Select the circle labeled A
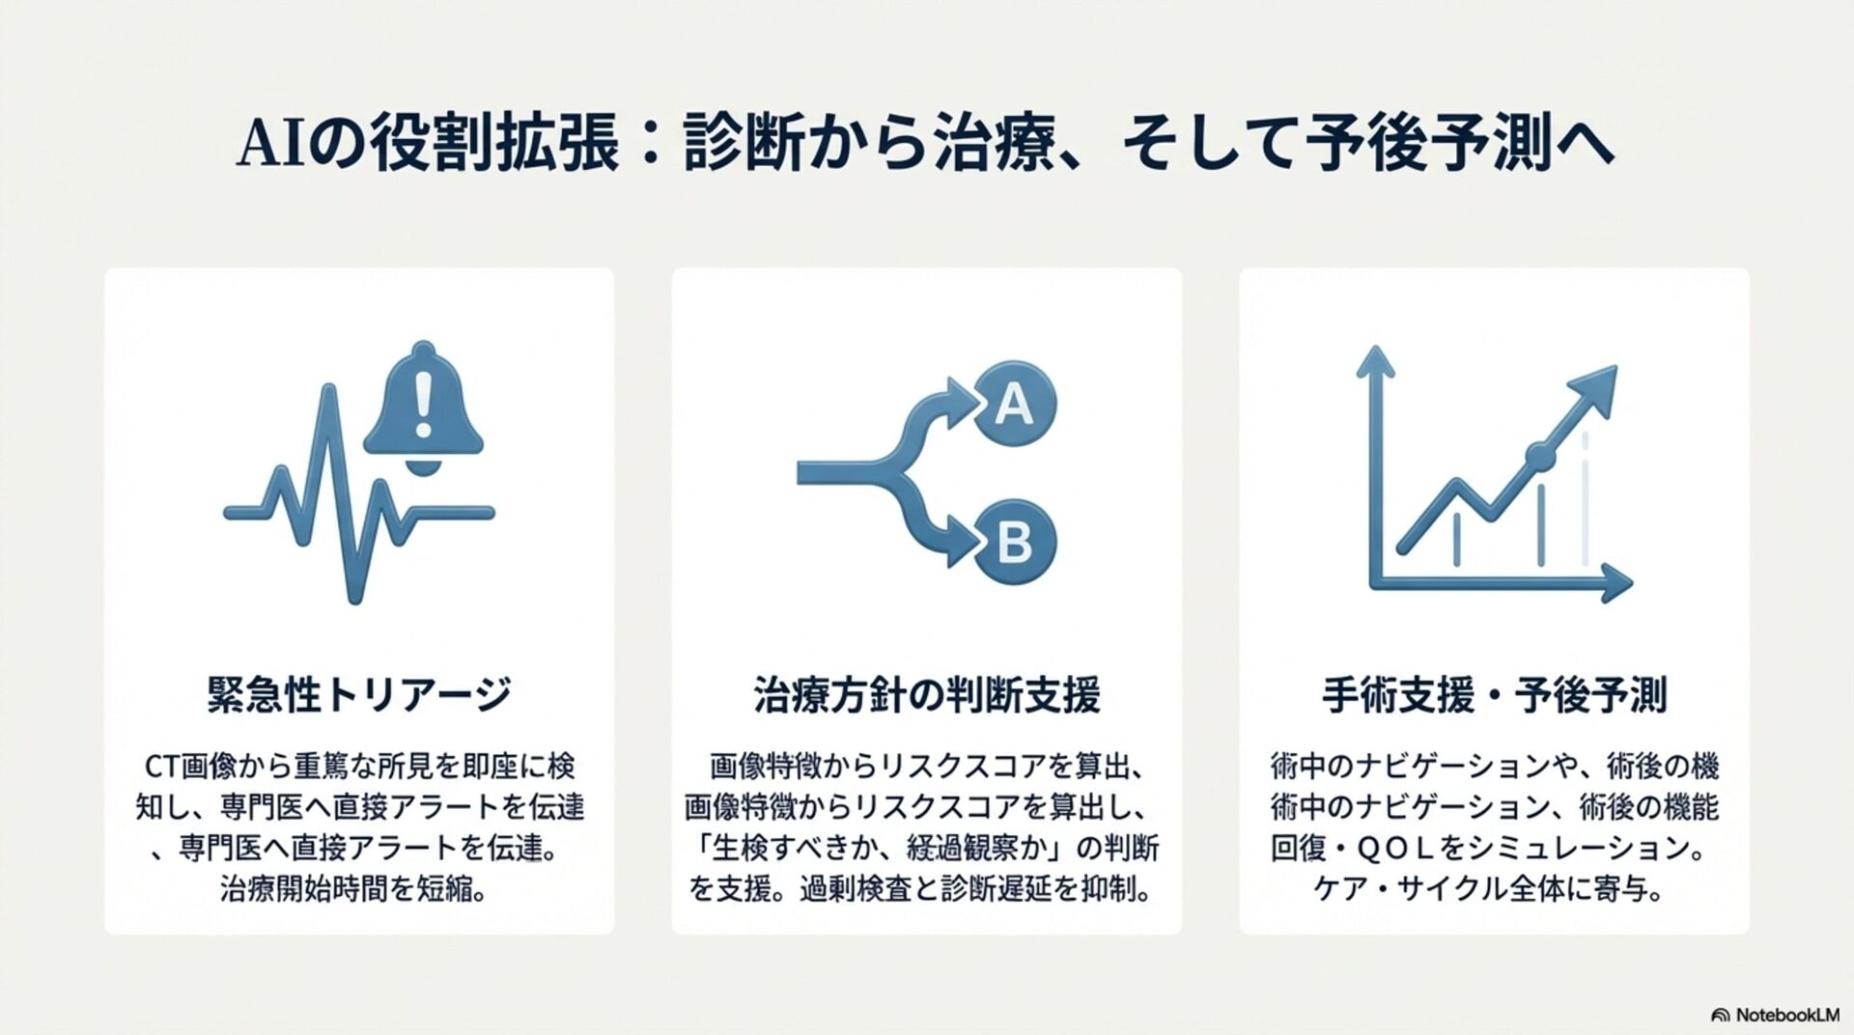coord(1014,404)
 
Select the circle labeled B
coord(1014,543)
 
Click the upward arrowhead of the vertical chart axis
coord(1375,363)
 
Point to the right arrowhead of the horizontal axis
coord(1616,584)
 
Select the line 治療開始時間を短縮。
coord(353,888)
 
